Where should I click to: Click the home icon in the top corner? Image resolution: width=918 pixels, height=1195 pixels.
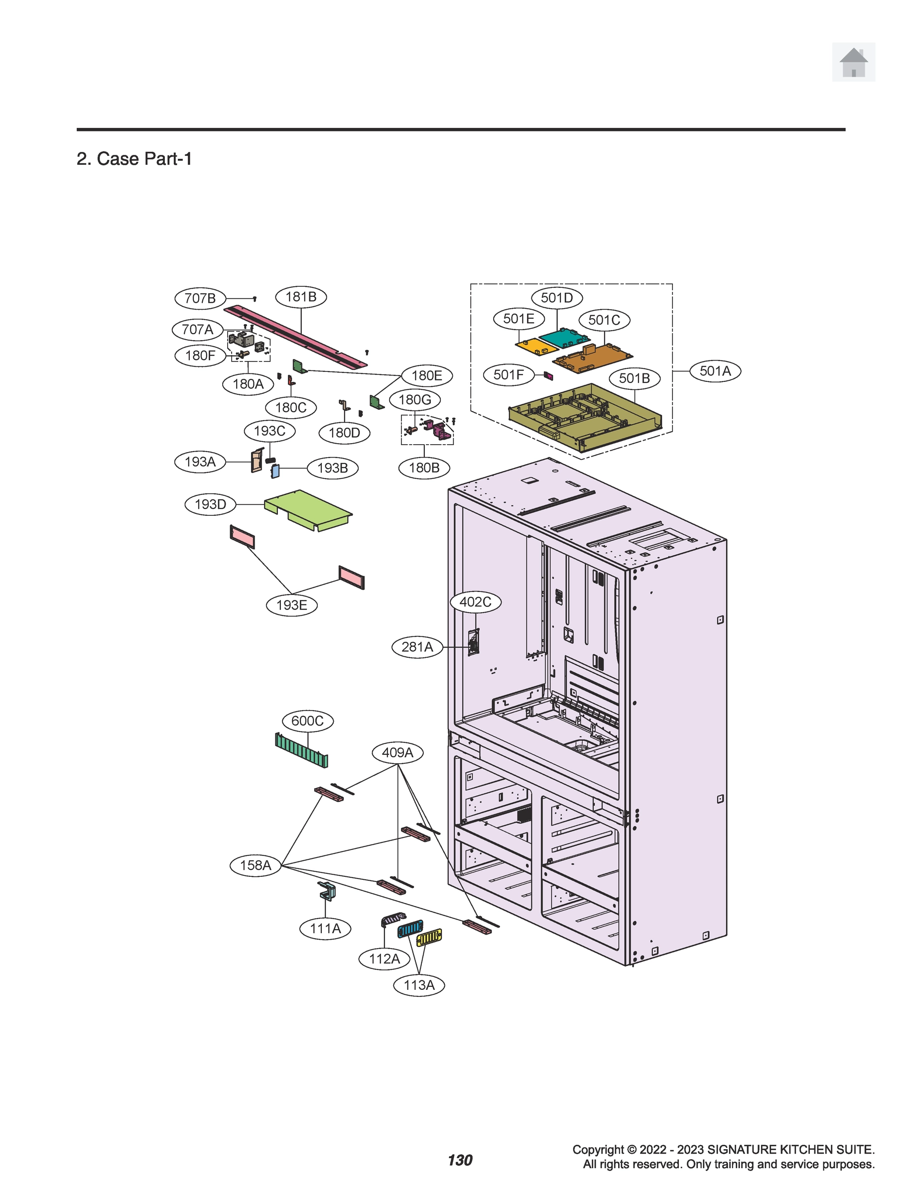click(x=853, y=62)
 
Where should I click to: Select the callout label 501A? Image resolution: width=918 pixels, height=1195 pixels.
click(x=715, y=371)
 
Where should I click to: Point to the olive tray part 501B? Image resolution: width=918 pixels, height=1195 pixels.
click(x=585, y=419)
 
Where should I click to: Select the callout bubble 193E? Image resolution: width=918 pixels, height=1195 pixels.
click(x=292, y=605)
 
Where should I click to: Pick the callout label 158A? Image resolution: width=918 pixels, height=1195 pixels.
click(x=256, y=865)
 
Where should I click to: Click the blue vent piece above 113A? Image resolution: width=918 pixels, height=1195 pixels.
click(x=410, y=929)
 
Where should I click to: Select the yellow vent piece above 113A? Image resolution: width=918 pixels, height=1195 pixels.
click(x=429, y=938)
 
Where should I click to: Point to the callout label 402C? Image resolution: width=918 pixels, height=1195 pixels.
click(x=475, y=602)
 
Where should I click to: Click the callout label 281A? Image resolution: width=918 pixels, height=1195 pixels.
click(x=417, y=647)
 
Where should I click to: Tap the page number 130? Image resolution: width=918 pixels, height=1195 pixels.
click(x=460, y=1160)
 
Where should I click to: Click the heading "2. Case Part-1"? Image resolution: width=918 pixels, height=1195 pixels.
click(x=134, y=159)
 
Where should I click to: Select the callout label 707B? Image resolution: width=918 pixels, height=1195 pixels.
click(x=200, y=298)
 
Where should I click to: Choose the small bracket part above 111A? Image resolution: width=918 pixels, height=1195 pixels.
click(x=327, y=891)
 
